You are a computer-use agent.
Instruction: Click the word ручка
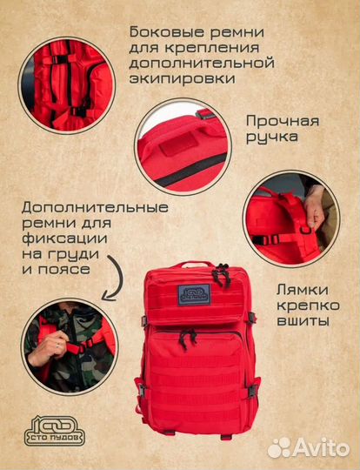[x=271, y=138]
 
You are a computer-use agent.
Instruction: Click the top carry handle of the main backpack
[x=194, y=264]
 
